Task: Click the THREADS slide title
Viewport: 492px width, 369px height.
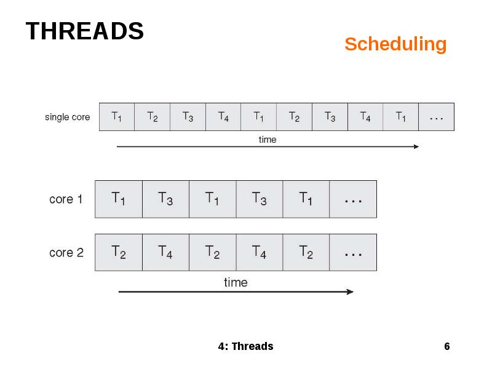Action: point(85,31)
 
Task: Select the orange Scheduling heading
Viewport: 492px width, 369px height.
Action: point(395,44)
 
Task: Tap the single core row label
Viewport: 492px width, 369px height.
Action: point(68,117)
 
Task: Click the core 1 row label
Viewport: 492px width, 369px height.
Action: point(66,199)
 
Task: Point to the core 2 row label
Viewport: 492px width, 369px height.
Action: point(66,253)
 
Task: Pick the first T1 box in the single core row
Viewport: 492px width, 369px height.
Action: point(116,117)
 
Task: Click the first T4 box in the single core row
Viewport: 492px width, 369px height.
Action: point(223,117)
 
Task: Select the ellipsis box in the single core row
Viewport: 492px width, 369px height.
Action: point(436,117)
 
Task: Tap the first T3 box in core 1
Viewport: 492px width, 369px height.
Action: point(165,199)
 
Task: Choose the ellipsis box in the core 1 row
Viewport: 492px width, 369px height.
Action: point(353,199)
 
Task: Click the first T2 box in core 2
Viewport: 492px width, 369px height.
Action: point(119,252)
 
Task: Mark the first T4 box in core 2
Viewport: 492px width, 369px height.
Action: point(165,252)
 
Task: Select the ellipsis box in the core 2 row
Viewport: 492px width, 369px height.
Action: point(353,252)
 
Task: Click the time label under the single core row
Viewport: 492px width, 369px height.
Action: point(268,140)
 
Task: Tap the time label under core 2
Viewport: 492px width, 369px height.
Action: point(236,282)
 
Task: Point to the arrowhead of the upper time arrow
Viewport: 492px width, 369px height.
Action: point(416,146)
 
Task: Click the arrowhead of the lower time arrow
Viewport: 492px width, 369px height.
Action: point(351,292)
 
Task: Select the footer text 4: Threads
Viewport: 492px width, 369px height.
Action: point(245,346)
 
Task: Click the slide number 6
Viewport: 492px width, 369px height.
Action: point(447,346)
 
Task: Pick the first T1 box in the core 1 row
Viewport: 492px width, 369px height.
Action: point(119,199)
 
